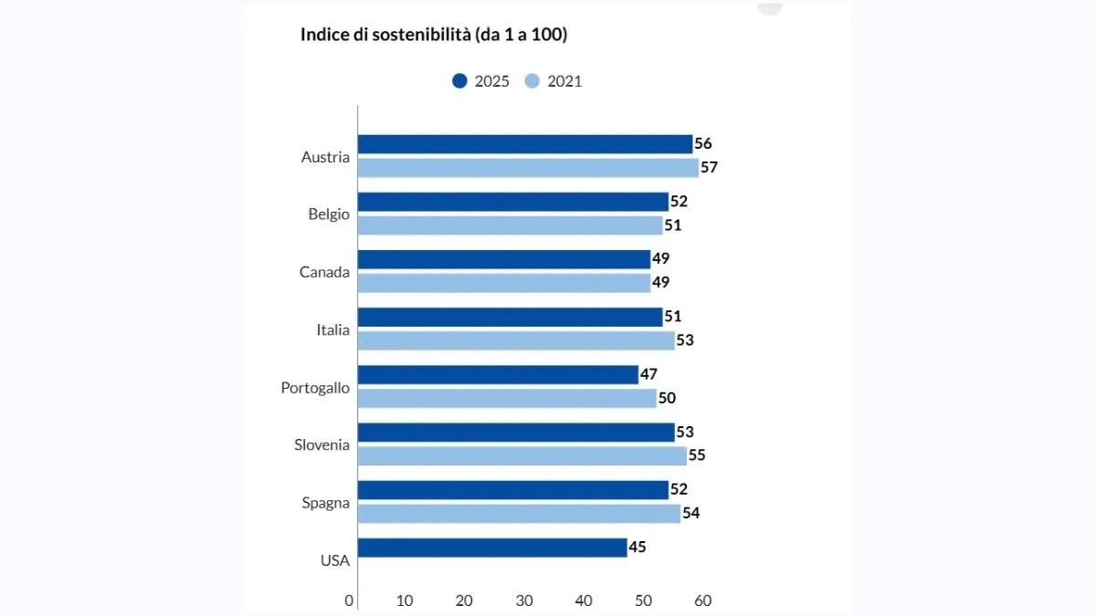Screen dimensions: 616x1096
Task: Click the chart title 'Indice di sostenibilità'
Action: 434,35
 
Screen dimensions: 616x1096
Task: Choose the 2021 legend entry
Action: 553,81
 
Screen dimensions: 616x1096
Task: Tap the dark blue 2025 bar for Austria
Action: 524,144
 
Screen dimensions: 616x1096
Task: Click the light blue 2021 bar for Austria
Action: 527,168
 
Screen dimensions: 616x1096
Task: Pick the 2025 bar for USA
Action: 491,548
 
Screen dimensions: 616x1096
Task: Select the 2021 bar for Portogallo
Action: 506,399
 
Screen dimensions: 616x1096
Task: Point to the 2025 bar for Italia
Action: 509,317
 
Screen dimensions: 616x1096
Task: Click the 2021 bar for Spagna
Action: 518,514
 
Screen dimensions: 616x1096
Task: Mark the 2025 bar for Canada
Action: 503,259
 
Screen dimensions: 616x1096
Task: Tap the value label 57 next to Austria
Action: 710,168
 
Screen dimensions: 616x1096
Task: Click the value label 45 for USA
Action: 638,548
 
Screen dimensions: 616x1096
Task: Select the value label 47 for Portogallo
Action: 648,374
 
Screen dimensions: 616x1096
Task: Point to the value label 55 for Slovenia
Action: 697,455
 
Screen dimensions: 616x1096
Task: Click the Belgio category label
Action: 329,214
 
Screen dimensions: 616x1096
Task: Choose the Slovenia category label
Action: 321,445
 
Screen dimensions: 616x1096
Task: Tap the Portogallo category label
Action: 315,388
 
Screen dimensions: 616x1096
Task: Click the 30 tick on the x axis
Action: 524,600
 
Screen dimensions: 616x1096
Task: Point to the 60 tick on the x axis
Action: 702,600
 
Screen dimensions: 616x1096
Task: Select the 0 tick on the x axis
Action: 349,600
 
